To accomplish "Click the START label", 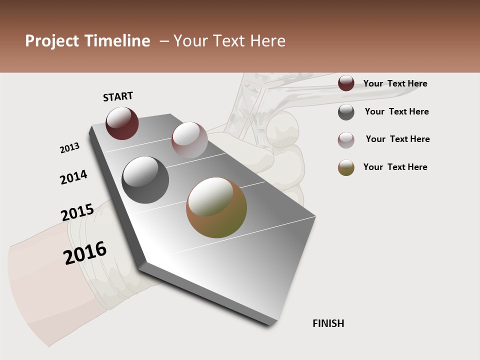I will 118,96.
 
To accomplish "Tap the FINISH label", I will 328,323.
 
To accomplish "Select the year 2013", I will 69,148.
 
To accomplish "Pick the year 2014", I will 73,177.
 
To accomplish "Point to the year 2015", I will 77,212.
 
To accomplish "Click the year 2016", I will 85,252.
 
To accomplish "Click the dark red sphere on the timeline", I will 122,123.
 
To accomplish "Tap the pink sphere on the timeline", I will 189,140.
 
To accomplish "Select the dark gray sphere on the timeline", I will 145,180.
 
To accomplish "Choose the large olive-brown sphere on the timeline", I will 216,207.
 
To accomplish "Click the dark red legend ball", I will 346,83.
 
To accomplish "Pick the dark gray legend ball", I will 346,112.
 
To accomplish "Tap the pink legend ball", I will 346,140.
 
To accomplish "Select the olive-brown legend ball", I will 346,167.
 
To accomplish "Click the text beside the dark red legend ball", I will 395,83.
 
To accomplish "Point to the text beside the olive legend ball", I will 395,167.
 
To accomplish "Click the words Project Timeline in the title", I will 87,41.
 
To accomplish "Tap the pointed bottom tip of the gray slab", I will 270,324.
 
